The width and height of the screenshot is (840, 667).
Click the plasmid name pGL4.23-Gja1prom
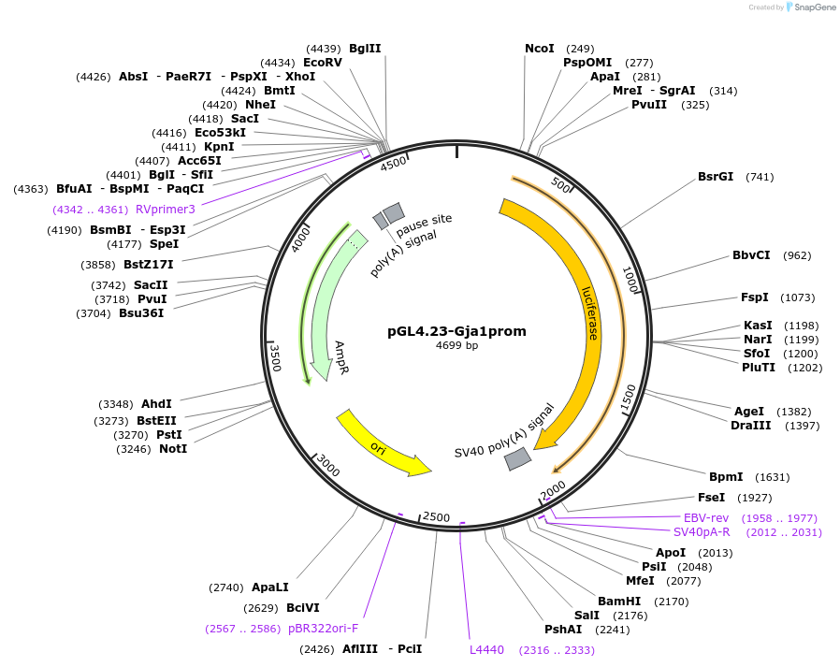point(456,331)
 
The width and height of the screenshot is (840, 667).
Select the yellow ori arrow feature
point(384,442)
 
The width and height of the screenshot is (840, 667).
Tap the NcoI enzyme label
point(540,49)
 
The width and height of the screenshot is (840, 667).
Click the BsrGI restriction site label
point(716,177)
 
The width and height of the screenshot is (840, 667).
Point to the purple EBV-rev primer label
point(706,518)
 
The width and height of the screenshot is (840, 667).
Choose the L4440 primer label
point(486,649)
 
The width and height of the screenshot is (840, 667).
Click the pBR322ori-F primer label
point(323,629)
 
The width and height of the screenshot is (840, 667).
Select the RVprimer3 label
point(166,210)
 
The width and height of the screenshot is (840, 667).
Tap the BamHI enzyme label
point(619,601)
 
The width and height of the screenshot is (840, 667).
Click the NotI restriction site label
point(173,449)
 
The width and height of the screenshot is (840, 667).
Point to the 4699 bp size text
point(456,346)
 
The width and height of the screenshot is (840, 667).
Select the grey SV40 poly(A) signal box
point(517,459)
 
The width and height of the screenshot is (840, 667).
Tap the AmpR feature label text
point(343,358)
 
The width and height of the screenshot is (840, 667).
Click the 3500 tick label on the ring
point(275,358)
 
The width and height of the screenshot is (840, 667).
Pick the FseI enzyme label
point(711,498)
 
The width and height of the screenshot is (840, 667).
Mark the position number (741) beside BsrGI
point(760,177)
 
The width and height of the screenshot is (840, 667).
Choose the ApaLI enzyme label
point(270,587)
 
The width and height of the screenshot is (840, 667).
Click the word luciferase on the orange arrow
point(591,312)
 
